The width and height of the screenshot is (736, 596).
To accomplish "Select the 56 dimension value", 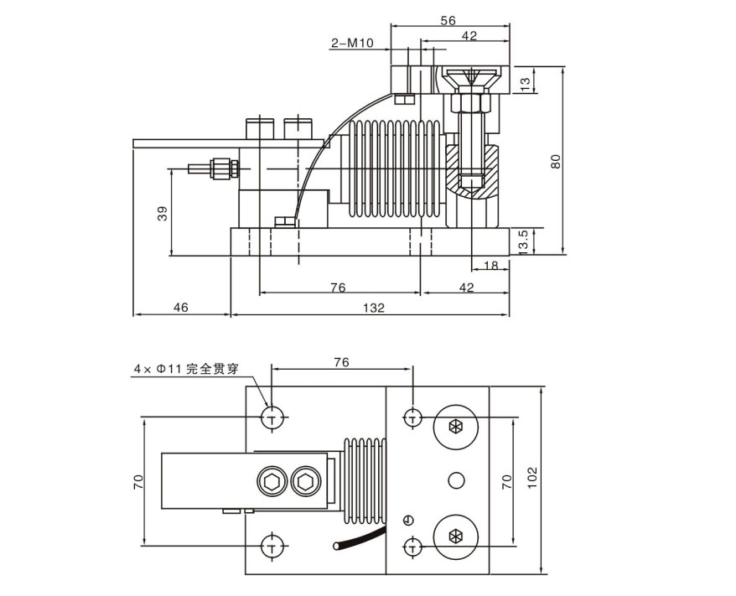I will point(448,20).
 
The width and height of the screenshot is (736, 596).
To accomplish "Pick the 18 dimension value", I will point(490,266).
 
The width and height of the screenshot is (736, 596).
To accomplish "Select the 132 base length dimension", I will point(375,308).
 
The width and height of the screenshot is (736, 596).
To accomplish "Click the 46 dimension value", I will point(181,308).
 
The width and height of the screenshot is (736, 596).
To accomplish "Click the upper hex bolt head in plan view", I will point(455,427).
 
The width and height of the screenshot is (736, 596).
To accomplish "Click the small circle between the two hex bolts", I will point(456,480).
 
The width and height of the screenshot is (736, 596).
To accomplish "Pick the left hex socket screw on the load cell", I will point(272,481).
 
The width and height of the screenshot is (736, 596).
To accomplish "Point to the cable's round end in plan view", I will point(336,547).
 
